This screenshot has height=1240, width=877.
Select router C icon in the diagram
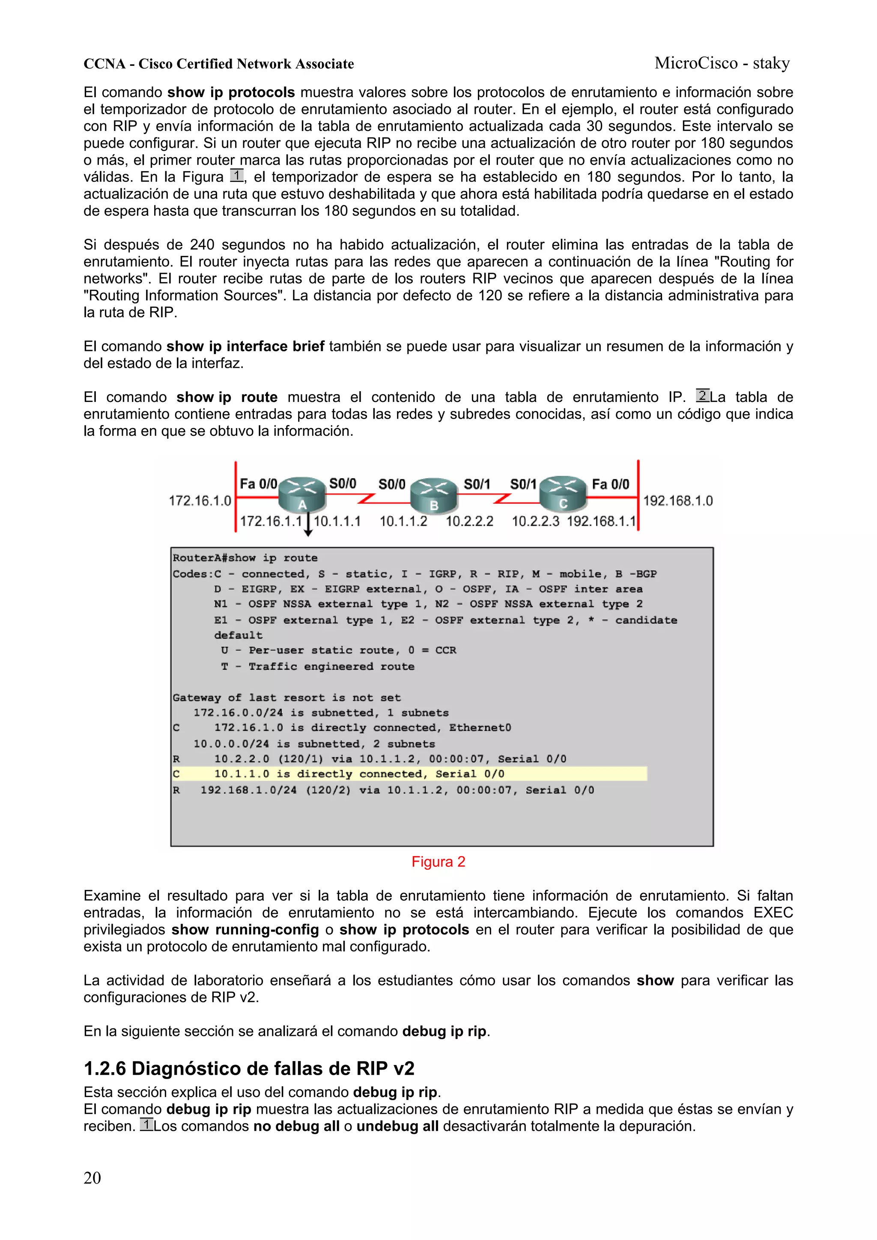(x=563, y=494)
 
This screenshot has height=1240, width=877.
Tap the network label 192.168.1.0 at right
(x=677, y=501)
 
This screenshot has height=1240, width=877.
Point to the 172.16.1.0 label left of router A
(x=200, y=501)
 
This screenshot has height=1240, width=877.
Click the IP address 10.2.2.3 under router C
(x=535, y=521)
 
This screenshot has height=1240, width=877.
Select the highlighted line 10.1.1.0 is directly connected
(x=359, y=774)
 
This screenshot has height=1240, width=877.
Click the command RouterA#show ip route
(x=245, y=558)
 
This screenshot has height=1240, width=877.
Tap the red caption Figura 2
(x=438, y=862)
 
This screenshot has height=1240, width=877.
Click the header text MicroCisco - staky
(x=722, y=63)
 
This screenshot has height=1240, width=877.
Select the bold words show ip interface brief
(x=245, y=346)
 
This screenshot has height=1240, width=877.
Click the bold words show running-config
(x=245, y=929)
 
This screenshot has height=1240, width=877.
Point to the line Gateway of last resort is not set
(x=286, y=697)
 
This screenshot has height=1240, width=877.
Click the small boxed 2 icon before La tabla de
(x=702, y=395)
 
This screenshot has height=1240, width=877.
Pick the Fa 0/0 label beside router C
(x=610, y=484)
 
